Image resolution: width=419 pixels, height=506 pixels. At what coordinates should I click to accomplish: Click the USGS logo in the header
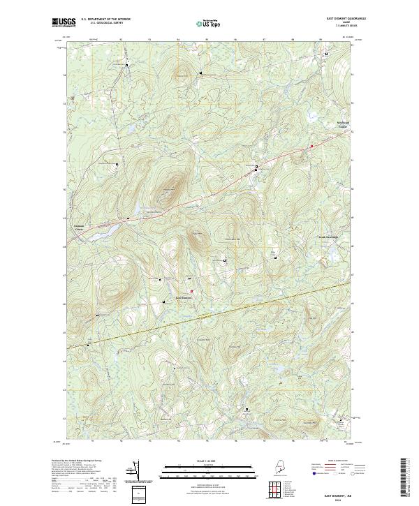[61, 23]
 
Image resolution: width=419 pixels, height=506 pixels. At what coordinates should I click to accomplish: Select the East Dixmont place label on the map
[183, 298]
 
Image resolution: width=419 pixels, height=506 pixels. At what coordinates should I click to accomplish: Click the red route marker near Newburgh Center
[311, 146]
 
